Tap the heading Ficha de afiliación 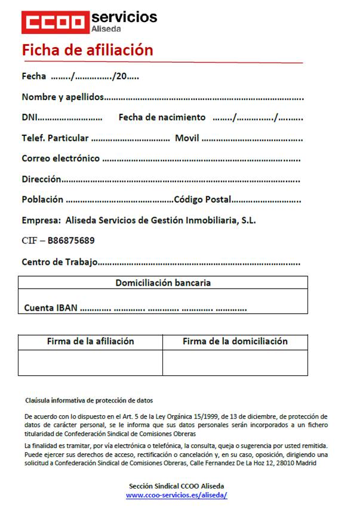coord(87,50)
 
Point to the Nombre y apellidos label coord(63,97)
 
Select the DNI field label coord(29,118)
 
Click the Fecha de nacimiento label coord(162,118)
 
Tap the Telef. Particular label coord(55,138)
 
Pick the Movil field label coord(187,138)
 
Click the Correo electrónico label coord(60,159)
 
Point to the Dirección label coord(41,179)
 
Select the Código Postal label coord(202,200)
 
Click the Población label coord(42,200)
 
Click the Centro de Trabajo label coord(59,262)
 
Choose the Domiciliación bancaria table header coord(163,283)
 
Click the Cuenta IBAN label coord(51,308)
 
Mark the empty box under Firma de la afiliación coord(90,363)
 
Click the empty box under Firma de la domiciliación coord(235,363)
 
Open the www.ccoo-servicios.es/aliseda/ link coord(177,495)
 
